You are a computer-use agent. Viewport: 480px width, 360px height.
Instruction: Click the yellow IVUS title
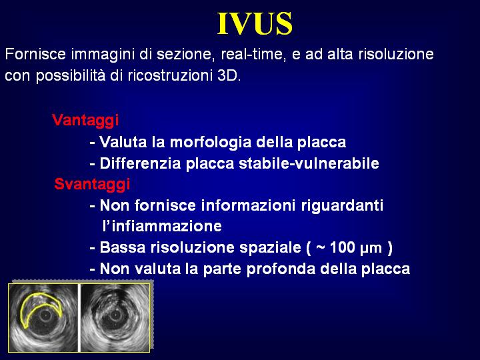click(255, 23)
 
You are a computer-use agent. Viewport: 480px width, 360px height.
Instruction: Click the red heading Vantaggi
click(85, 120)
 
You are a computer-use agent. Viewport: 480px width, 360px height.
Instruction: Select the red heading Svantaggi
click(92, 185)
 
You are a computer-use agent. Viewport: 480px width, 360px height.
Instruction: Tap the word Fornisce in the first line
click(35, 54)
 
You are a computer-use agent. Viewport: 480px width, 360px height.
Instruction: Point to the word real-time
click(253, 55)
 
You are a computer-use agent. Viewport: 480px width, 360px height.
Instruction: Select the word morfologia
click(211, 143)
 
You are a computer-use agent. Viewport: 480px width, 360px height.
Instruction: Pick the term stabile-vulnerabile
click(309, 163)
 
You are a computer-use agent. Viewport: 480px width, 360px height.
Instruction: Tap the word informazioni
click(248, 205)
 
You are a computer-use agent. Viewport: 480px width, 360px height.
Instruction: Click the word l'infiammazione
click(162, 226)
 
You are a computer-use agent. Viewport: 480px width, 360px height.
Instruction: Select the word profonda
click(281, 269)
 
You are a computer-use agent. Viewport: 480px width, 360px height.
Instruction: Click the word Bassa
click(123, 247)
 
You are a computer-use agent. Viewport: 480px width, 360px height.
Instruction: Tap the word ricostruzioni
click(169, 75)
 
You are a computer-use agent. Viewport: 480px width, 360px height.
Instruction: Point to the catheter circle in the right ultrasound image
click(115, 315)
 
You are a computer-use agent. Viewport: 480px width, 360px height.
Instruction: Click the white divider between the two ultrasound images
click(79, 318)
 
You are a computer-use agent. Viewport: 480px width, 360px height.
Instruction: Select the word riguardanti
click(342, 206)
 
